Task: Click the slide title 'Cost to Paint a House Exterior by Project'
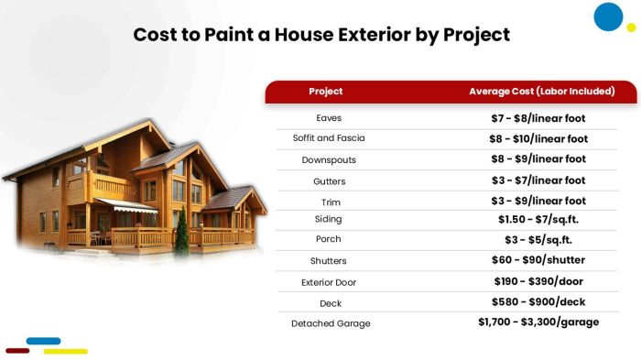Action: tap(320, 35)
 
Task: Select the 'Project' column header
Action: tap(325, 92)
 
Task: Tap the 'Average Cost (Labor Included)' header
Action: tap(540, 92)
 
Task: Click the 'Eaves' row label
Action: tap(329, 118)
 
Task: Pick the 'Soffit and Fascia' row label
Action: tap(329, 138)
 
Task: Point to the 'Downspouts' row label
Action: tap(329, 159)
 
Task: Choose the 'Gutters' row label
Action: tap(329, 180)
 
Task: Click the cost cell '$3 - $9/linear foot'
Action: tap(538, 201)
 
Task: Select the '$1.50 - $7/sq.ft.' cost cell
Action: tap(538, 220)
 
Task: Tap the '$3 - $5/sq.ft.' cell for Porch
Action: tap(538, 240)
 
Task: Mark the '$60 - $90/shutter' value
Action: tap(538, 261)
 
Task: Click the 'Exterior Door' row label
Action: tap(329, 282)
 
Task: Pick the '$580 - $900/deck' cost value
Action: tap(538, 301)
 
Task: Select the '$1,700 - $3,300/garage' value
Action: tap(538, 322)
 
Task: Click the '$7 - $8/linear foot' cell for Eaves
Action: tap(538, 118)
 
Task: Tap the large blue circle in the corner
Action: tap(608, 16)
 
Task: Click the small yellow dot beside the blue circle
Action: tap(631, 27)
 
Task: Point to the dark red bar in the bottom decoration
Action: tap(18, 351)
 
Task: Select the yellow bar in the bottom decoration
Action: tap(65, 351)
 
